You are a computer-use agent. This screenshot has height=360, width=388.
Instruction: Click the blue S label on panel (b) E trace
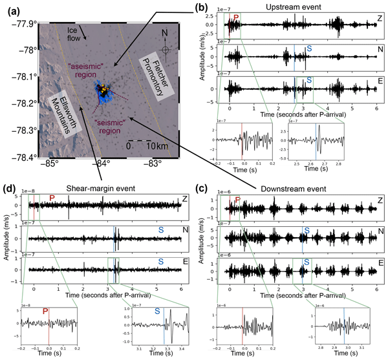pos(309,81)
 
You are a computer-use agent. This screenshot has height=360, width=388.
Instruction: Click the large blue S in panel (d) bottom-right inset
pos(156,311)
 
